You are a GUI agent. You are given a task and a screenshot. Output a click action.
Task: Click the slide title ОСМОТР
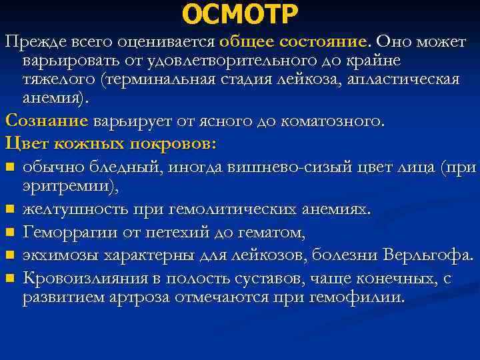point(240,13)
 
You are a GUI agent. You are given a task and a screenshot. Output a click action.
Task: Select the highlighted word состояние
point(323,41)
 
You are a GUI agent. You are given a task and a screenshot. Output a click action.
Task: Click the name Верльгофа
point(428,255)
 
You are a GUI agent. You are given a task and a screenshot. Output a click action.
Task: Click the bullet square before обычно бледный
point(9,167)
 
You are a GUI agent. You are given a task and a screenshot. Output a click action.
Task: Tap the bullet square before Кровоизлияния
point(9,277)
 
